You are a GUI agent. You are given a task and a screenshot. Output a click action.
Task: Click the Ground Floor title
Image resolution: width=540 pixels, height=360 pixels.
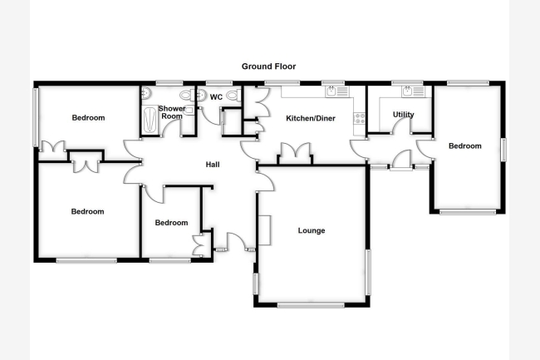268,67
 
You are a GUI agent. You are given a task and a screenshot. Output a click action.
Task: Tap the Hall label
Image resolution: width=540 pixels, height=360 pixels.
213,165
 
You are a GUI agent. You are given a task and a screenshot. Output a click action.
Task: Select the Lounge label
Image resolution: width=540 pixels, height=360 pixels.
312,230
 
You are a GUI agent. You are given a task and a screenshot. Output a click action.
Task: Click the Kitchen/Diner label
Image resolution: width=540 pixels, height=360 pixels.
311,119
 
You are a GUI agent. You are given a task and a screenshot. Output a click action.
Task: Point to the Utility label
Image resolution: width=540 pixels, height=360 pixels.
403,115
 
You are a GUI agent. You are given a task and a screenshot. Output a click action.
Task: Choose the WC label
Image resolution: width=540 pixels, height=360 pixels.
216,97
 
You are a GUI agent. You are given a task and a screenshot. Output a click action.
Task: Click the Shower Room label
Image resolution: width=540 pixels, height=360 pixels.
172,112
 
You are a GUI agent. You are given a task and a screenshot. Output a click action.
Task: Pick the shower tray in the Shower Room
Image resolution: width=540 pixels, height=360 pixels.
150,120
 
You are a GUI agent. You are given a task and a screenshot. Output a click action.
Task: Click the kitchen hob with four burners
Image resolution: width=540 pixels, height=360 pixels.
359,118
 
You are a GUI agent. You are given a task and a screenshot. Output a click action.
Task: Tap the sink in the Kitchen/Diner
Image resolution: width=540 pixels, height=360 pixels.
337,91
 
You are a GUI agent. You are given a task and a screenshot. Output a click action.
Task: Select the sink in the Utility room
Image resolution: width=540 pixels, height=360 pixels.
413,91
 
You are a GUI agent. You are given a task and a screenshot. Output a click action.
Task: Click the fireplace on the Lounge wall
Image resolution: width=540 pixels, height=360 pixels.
264,230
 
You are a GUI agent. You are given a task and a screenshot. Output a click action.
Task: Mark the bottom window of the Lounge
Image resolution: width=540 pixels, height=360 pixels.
311,305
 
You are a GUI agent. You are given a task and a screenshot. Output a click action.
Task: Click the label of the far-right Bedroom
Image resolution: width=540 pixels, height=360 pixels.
465,146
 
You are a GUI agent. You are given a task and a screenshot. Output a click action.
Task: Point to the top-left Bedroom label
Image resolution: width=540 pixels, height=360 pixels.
88,118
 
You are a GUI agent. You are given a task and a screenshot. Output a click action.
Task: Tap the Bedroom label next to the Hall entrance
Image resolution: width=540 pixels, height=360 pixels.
171,223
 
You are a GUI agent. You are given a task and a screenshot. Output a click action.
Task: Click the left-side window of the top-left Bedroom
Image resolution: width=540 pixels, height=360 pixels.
36,117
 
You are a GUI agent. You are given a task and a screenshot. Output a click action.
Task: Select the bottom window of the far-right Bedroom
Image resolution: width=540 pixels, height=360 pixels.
468,212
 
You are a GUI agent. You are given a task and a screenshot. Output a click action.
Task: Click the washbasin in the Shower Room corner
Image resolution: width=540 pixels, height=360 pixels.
146,92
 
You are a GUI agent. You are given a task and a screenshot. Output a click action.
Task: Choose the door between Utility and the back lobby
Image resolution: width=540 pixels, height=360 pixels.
401,126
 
